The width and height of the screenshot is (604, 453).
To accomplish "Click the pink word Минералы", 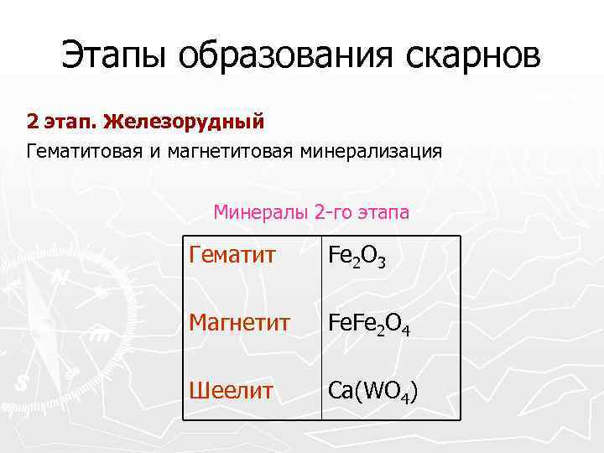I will tap(261, 212).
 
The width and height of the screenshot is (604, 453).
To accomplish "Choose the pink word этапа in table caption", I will tap(382, 212).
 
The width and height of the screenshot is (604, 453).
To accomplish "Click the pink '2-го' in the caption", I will tap(332, 212).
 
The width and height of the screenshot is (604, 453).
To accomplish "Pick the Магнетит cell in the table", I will tap(241, 322).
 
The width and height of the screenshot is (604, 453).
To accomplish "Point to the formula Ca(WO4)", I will tap(373, 390).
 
